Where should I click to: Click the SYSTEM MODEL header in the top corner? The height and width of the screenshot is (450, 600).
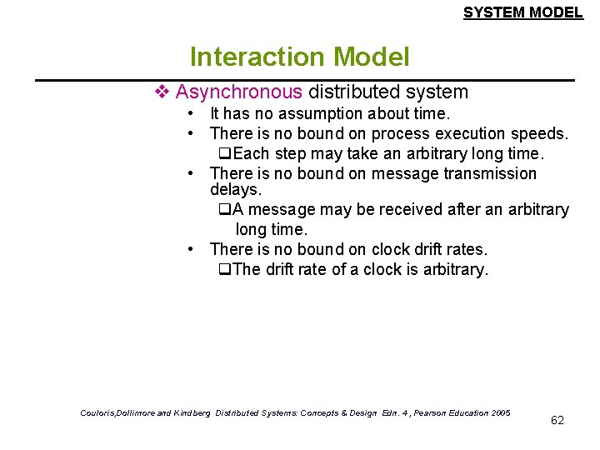pyautogui.click(x=522, y=12)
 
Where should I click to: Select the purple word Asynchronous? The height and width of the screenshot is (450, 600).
pyautogui.click(x=239, y=92)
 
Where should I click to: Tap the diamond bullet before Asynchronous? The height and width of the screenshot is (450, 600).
pyautogui.click(x=163, y=92)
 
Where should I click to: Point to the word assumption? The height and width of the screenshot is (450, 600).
pyautogui.click(x=320, y=113)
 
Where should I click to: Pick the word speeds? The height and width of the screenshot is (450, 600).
pyautogui.click(x=542, y=133)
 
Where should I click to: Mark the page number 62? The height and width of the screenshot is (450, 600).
pyautogui.click(x=557, y=420)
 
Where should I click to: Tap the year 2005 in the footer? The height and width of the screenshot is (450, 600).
pyautogui.click(x=500, y=412)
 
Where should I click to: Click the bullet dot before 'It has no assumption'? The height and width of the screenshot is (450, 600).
pyautogui.click(x=191, y=113)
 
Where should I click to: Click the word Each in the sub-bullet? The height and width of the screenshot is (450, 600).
pyautogui.click(x=251, y=153)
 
